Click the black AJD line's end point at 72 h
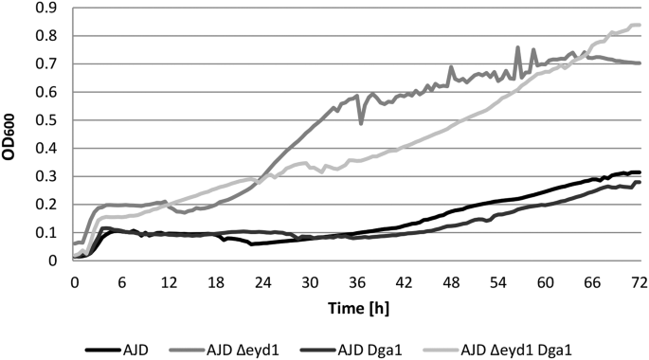coord(640,172)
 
